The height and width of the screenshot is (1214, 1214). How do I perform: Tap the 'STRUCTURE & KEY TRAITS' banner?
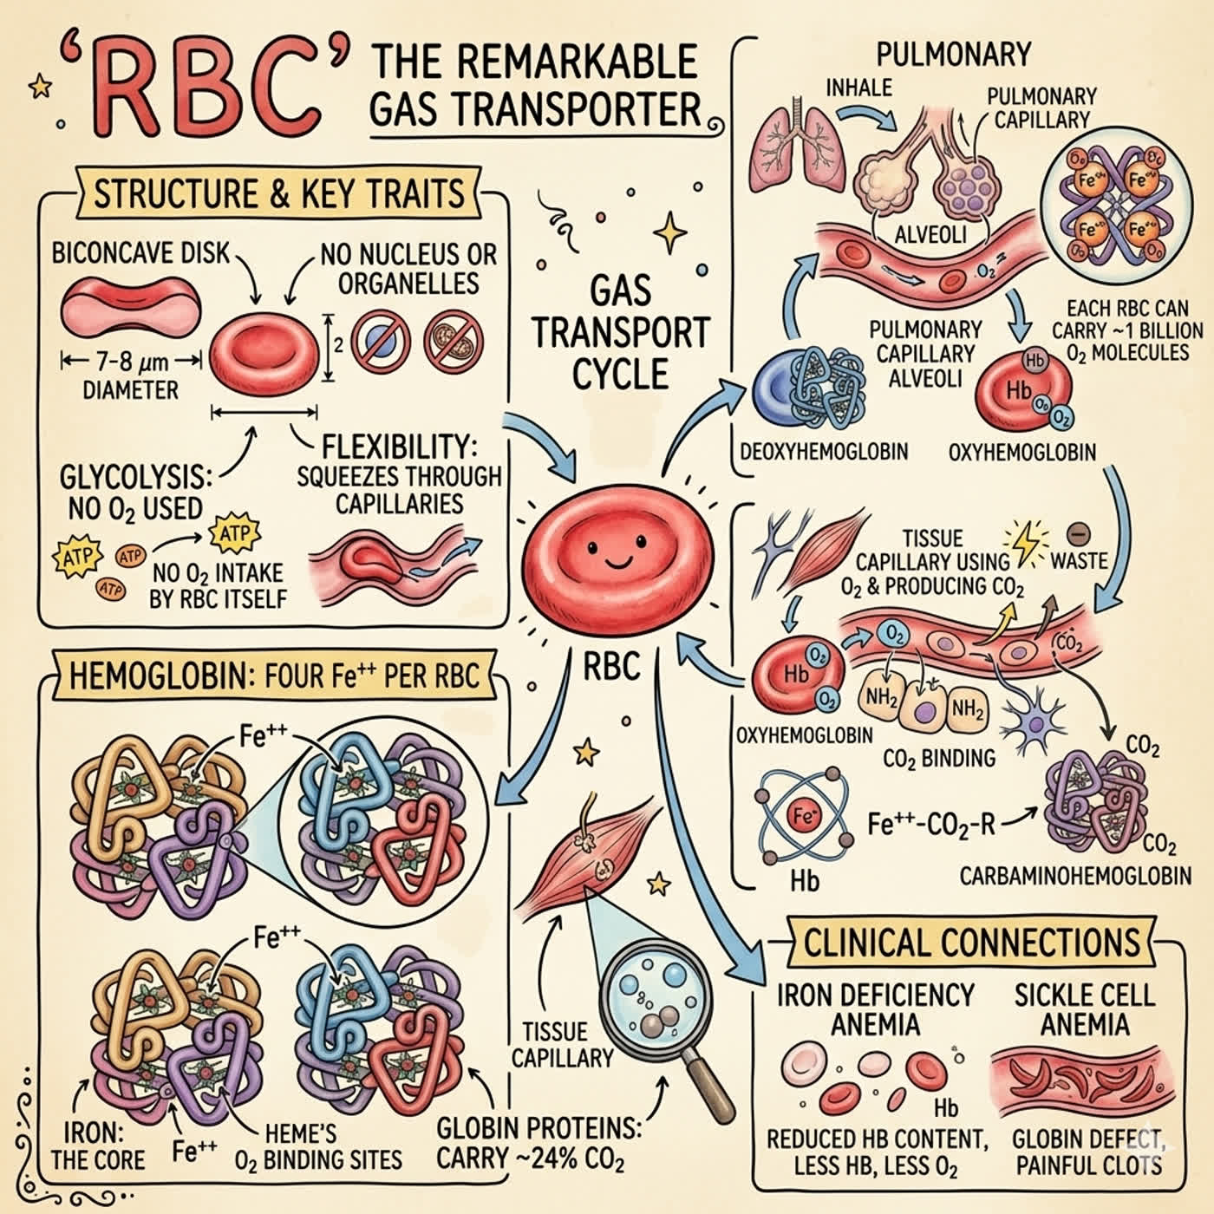coord(279,193)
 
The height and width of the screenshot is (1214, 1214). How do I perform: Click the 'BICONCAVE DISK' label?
coord(140,253)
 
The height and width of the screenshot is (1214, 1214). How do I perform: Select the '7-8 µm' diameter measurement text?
coord(133,362)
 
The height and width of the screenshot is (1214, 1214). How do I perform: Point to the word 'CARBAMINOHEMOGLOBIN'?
coord(1075,877)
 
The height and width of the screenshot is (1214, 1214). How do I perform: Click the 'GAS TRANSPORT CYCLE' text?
coord(621,333)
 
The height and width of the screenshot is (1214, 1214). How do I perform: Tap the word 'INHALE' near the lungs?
coord(859,88)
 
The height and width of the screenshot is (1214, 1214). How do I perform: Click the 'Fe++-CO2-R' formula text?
coord(931,824)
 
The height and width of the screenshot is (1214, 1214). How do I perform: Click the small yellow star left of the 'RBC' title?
coord(40,87)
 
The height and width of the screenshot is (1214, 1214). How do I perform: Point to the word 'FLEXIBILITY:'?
coord(400,447)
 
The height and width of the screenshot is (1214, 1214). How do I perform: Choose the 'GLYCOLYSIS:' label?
coord(135,478)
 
